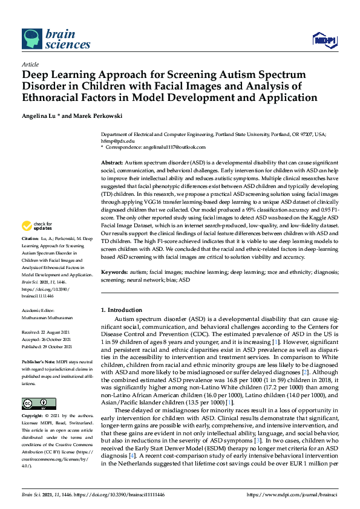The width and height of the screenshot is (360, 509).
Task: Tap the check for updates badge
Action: (x=36, y=226)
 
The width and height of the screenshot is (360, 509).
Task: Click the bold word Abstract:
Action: (x=111, y=163)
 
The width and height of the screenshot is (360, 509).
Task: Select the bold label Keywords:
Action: (x=114, y=273)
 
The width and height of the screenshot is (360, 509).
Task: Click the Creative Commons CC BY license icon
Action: (x=35, y=403)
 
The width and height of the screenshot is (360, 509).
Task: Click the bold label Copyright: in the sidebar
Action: (x=33, y=417)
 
